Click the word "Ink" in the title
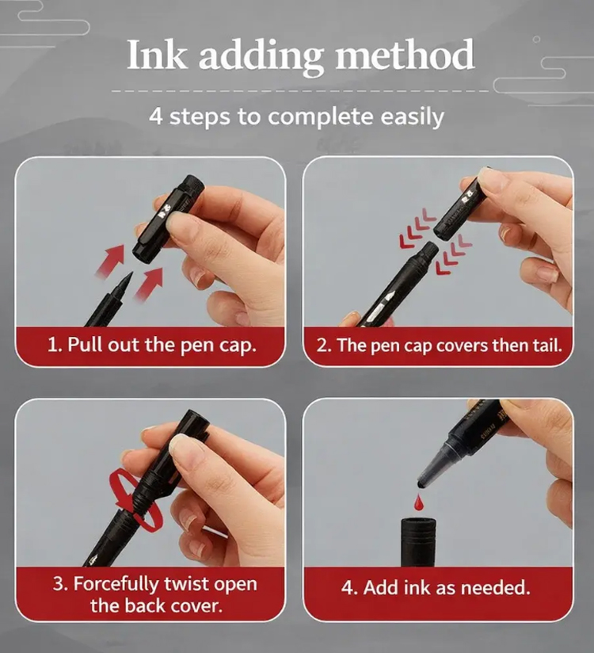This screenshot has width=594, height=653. pos(156,55)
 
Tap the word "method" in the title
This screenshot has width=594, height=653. pos(404,55)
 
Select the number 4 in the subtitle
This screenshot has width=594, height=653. pos(155,116)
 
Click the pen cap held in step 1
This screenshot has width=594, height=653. pos(168,219)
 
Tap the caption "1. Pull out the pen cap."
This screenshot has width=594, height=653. pos(151,346)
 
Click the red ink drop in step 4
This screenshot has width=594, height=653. pos(418,502)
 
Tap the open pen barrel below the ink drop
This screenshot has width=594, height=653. pos(418,542)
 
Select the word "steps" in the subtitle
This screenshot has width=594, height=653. pos(200,117)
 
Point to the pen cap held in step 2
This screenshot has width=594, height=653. pos(461,204)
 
